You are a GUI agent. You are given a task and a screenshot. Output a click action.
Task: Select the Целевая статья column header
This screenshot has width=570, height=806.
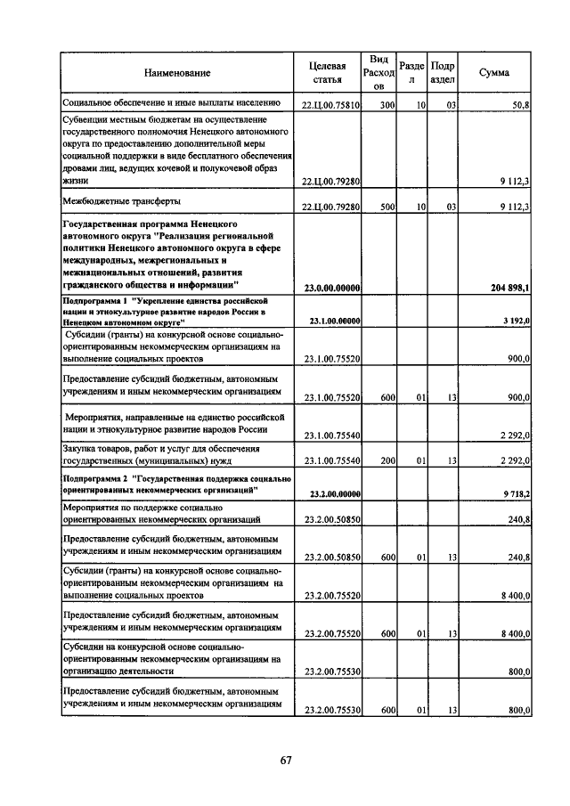coord(327,72)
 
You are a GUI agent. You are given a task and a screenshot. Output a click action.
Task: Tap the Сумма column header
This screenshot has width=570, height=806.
coord(494,72)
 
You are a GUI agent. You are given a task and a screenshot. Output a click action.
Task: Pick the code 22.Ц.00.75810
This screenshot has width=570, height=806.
coord(331,106)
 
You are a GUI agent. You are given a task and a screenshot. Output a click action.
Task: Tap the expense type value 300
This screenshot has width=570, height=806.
coord(387,106)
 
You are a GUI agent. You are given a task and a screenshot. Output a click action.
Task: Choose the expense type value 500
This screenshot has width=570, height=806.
coord(387,207)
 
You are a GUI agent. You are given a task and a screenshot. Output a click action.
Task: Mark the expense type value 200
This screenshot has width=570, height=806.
coord(387,460)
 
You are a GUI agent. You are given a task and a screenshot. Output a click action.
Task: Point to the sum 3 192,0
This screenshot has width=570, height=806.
coord(516,321)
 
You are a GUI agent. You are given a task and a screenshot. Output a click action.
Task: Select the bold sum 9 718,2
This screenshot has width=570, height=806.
coord(516,493)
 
